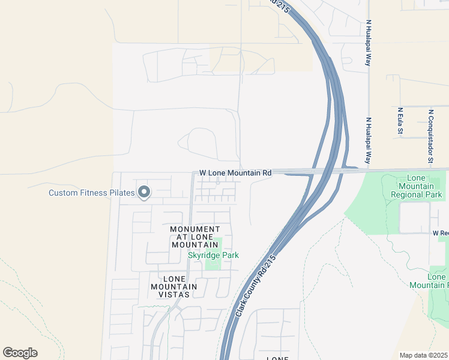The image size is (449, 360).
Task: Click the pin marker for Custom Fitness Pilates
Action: click(x=143, y=192)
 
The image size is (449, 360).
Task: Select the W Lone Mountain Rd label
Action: click(x=235, y=173)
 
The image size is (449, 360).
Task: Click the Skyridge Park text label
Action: click(x=213, y=256)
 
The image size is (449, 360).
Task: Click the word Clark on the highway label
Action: click(x=241, y=309)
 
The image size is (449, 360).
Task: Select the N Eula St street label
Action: click(x=400, y=121)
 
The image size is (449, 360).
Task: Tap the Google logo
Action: click(x=20, y=353)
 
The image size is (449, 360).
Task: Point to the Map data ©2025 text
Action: click(x=423, y=355)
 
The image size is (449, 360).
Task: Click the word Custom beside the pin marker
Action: click(x=63, y=193)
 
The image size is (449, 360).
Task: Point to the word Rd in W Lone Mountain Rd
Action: click(x=267, y=173)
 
